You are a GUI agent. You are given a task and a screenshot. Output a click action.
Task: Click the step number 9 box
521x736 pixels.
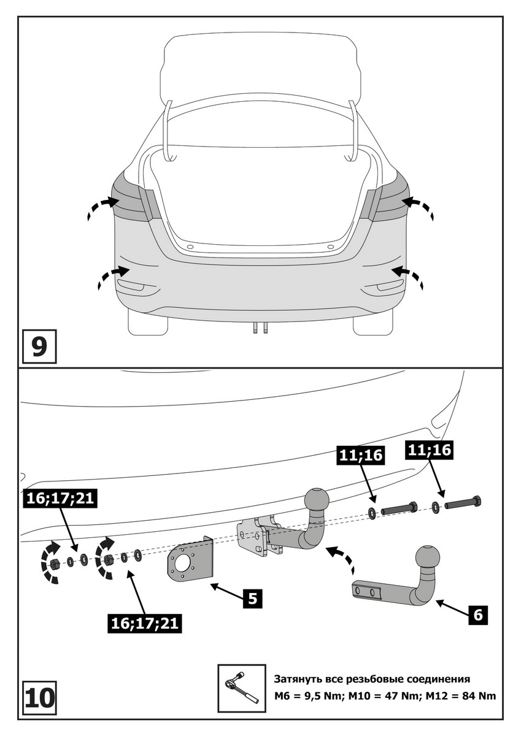click(x=38, y=347)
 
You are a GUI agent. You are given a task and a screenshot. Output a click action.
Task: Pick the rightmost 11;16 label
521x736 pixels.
click(x=427, y=450)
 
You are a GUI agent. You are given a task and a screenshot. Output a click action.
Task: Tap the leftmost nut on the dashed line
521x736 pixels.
click(x=54, y=562)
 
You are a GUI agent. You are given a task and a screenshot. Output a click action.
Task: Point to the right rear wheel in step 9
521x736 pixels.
click(x=372, y=324)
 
